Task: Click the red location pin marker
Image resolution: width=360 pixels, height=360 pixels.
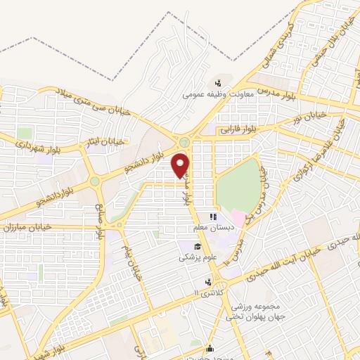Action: pos(181,165)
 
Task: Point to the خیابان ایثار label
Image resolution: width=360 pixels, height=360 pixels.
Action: pos(106,142)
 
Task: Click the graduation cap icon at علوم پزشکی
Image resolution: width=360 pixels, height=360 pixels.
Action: pos(199,247)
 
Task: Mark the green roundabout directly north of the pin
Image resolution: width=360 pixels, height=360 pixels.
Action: pos(184,141)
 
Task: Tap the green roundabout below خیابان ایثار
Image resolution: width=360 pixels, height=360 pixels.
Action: pos(94,181)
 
